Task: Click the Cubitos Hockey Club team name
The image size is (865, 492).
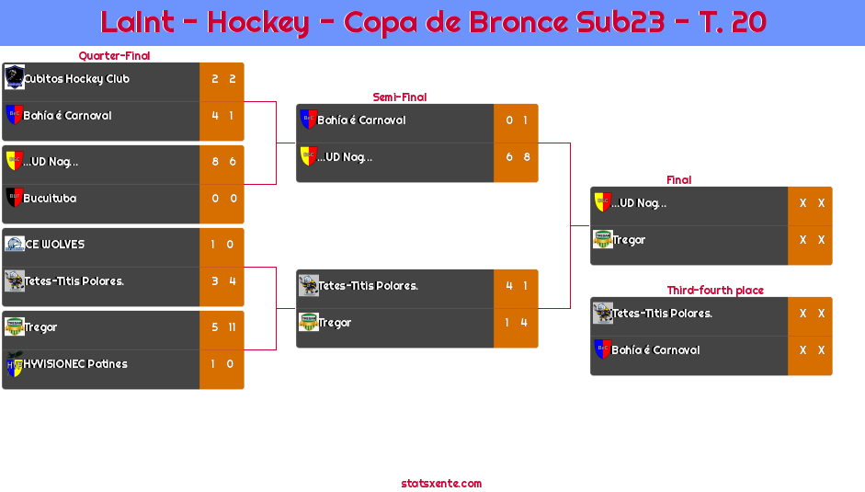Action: coord(76,79)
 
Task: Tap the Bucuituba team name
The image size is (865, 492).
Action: coord(50,199)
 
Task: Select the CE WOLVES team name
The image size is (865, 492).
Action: coord(54,245)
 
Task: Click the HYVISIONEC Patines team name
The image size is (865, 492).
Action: coord(75,364)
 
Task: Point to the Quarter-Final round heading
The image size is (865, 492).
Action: coord(112,56)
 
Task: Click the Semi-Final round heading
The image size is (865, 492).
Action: coord(398,97)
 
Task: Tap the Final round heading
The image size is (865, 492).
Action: coord(677,180)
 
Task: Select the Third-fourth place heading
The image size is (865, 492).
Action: coord(714,291)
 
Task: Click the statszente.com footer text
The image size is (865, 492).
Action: coord(441,484)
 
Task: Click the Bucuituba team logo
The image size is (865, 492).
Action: coord(14,198)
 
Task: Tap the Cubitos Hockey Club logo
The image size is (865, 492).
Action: coord(14,77)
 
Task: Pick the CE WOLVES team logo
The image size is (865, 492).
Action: coord(14,244)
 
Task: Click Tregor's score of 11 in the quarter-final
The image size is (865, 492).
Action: coord(232,327)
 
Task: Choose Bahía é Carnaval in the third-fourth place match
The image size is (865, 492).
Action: coord(655,350)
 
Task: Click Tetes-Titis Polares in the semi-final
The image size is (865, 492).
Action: coord(368,286)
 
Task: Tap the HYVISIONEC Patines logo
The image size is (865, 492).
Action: coord(14,363)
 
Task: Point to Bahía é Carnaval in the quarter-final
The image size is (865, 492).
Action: coord(67,116)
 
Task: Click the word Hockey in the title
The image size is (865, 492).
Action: coord(257,22)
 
